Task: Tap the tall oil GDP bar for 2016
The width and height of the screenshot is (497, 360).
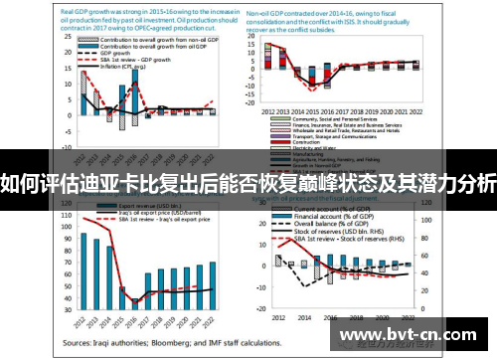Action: coord(135,98)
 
